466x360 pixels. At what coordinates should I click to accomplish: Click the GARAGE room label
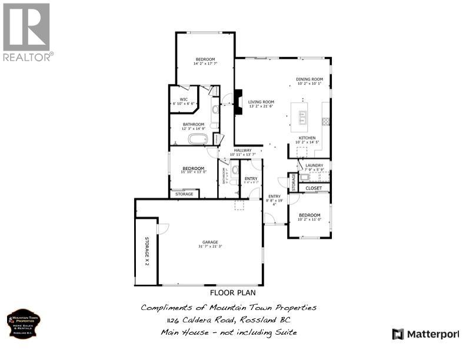click(210, 242)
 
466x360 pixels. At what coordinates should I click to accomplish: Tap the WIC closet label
click(184, 99)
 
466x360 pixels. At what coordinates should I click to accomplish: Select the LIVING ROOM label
click(261, 102)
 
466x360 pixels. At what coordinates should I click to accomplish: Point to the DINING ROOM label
click(309, 79)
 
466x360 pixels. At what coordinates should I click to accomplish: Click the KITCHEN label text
click(307, 138)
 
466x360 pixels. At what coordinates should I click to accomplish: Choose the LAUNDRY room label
click(314, 165)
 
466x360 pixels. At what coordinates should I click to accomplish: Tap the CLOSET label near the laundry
click(314, 188)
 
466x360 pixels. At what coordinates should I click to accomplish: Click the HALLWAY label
click(242, 150)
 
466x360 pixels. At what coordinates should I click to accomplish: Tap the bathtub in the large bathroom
click(197, 139)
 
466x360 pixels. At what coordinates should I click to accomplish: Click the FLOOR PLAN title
click(232, 292)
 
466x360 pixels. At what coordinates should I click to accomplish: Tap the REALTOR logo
click(27, 32)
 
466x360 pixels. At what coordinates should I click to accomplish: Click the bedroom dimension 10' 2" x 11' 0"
click(309, 220)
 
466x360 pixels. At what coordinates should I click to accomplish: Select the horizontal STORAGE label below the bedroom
click(184, 194)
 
